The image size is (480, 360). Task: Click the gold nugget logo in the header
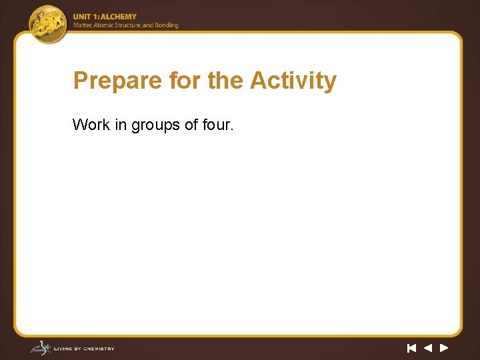click(x=48, y=23)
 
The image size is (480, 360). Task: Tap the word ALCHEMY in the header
click(x=121, y=17)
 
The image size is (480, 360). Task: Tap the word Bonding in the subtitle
click(x=167, y=25)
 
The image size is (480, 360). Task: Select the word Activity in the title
click(x=293, y=81)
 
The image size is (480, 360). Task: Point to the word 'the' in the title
click(x=226, y=81)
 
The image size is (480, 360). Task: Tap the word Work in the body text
click(x=91, y=125)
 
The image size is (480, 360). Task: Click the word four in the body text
click(x=217, y=125)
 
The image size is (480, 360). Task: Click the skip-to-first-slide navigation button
click(x=411, y=347)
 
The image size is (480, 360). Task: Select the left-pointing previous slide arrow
click(x=428, y=347)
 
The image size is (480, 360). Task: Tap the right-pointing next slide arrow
click(x=444, y=347)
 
